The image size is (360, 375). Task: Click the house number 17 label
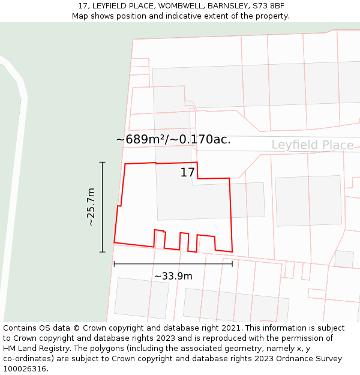point(188,173)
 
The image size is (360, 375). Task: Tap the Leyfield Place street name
point(312,145)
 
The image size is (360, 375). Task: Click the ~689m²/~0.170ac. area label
point(173,140)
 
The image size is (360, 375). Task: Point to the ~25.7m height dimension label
point(91,207)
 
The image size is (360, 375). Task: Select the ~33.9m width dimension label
point(173,276)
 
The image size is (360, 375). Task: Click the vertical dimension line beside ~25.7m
point(103,207)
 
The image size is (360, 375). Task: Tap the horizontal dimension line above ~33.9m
point(173,263)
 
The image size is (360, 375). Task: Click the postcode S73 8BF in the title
point(266,6)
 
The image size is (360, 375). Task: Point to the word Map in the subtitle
point(80,16)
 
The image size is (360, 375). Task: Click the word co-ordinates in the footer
point(28,359)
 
